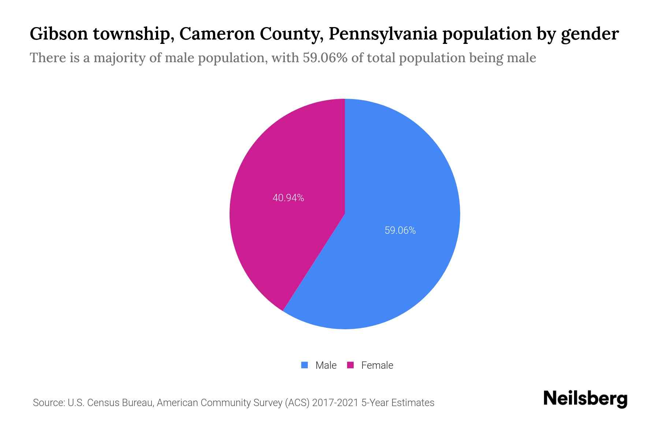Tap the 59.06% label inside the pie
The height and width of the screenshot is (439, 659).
[x=400, y=230]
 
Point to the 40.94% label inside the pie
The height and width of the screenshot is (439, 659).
[x=288, y=198]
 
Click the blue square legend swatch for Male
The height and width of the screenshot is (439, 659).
[x=304, y=365]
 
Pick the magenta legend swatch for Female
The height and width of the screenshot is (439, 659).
[x=350, y=365]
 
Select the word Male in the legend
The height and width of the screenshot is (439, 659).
[x=326, y=365]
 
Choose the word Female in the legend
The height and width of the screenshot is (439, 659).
[x=377, y=365]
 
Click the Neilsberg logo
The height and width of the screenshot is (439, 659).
[x=585, y=399]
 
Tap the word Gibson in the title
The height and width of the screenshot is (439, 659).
[x=59, y=34]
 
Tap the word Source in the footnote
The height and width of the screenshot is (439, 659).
[x=48, y=403]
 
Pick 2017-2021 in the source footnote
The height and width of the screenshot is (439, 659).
[x=335, y=403]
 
